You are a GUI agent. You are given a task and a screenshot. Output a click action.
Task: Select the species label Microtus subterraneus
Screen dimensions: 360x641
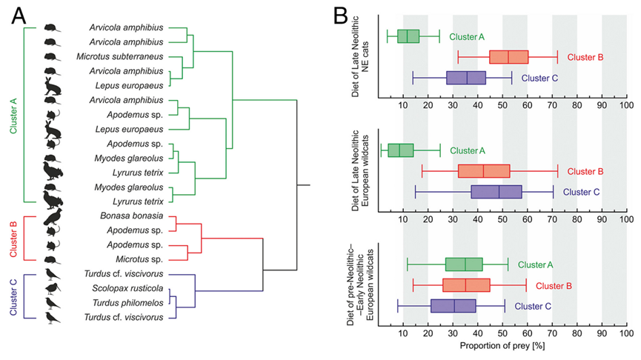[126, 56]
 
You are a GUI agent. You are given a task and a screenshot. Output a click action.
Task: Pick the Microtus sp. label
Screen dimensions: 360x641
[134, 259]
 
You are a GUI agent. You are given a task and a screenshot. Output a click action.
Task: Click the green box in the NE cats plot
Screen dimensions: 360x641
[408, 36]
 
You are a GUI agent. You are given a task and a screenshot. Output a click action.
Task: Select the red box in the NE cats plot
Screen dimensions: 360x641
[508, 57]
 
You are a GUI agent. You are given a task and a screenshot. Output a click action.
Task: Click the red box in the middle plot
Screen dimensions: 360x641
[484, 171]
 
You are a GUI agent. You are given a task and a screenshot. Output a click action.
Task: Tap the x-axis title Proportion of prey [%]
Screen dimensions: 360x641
[503, 346]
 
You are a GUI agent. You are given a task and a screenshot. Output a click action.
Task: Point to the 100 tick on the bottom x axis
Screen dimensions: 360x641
[626, 333]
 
